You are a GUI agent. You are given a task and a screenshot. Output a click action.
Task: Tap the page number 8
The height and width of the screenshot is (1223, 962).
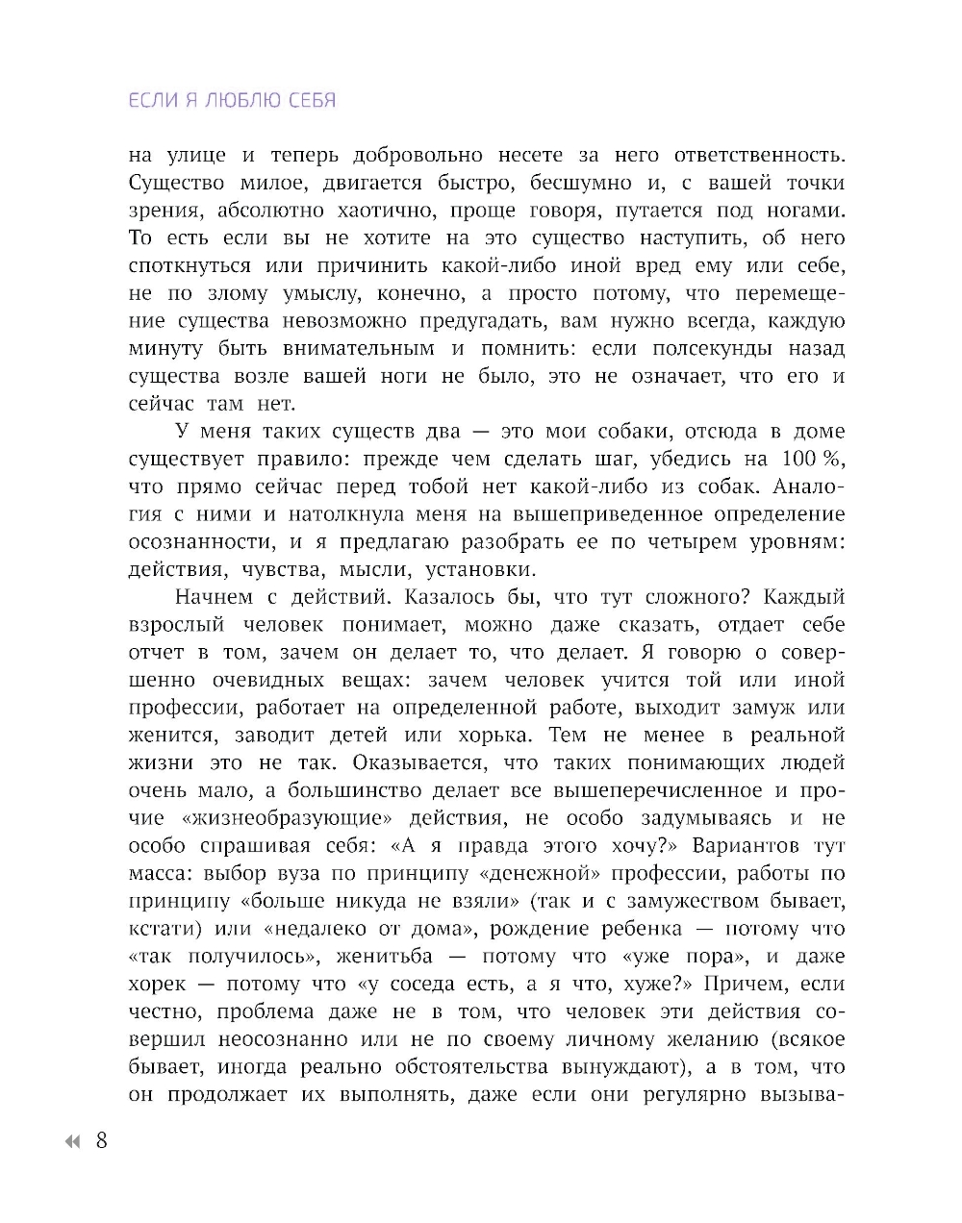click(101, 1141)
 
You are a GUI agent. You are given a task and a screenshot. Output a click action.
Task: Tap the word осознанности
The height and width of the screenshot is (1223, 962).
click(197, 541)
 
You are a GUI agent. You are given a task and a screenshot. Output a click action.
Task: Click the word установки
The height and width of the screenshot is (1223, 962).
click(489, 569)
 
